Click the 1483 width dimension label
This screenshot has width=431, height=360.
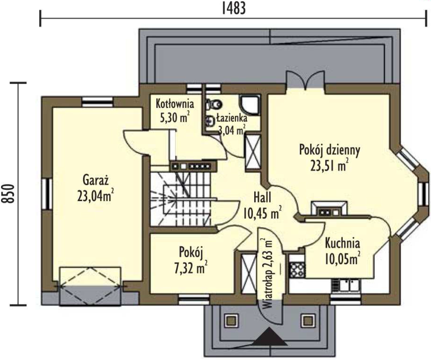coord(233,8)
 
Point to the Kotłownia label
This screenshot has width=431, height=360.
coord(175,104)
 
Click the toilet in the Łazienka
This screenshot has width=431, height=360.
coord(215,104)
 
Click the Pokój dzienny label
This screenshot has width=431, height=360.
coord(329,150)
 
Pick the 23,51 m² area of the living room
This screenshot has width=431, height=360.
coord(329,166)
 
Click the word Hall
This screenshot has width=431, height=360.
coord(262,197)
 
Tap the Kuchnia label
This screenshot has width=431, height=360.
coord(342,243)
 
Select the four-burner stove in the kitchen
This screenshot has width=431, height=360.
coord(297,270)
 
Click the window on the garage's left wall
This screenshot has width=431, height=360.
coord(47,193)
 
